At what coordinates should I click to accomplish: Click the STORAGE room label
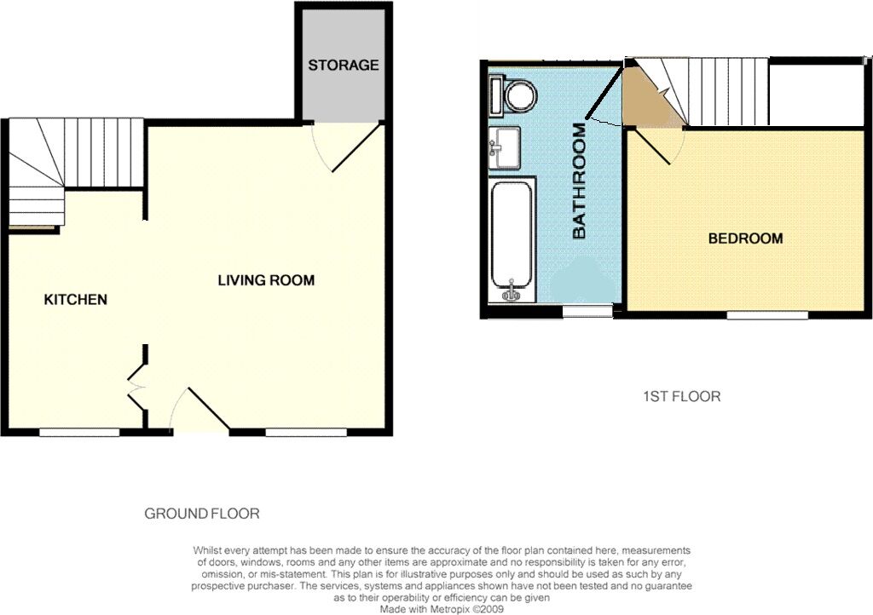click(344, 65)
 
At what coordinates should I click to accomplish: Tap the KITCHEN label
click(76, 299)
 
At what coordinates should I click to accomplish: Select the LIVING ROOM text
click(266, 280)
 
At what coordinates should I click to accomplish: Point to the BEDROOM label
click(745, 239)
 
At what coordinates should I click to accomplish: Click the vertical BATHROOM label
click(580, 181)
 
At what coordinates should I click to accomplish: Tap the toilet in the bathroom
click(513, 95)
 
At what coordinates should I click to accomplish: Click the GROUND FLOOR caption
click(202, 514)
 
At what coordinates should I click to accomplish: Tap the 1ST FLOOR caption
click(681, 396)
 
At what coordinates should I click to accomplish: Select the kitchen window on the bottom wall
click(79, 432)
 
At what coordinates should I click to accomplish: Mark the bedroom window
click(767, 314)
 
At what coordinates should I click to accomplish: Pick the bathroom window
click(587, 312)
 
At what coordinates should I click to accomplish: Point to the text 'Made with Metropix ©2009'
click(442, 609)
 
